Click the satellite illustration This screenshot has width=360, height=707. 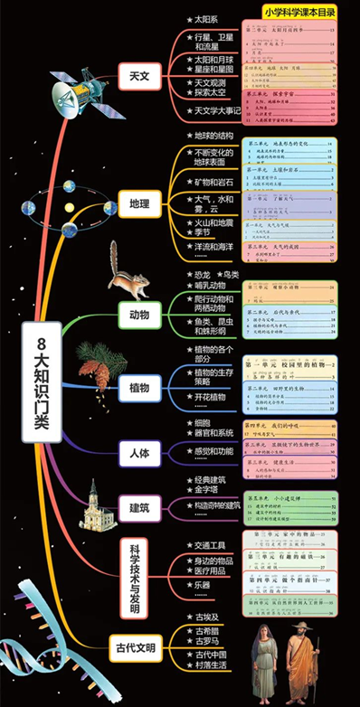coord(71,90)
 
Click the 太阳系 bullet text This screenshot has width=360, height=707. coord(200,18)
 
